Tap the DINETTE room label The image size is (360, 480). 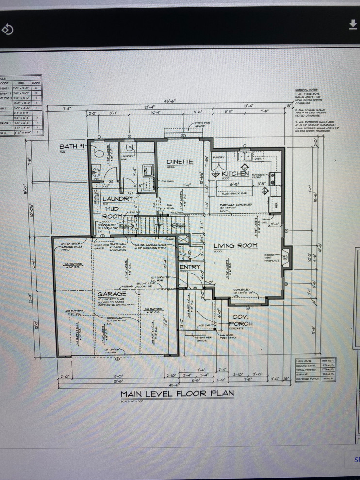[x=180, y=161]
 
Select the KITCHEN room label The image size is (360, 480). [x=235, y=173]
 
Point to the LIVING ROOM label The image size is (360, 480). [x=235, y=246]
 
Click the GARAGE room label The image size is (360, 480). [x=113, y=294]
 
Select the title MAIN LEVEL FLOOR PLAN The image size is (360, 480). [x=177, y=393]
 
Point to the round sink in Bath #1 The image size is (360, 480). [x=96, y=172]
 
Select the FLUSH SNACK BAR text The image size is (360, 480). [x=235, y=193]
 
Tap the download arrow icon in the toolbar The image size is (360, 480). [x=353, y=25]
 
